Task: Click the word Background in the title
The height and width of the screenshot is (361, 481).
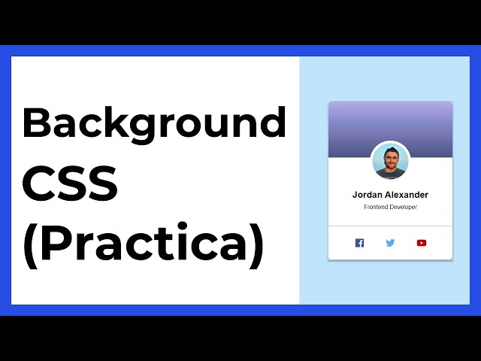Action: point(154,123)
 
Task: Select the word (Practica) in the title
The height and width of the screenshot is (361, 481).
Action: point(144,244)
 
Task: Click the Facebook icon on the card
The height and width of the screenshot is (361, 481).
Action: point(359,243)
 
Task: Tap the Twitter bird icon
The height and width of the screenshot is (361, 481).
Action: point(390,243)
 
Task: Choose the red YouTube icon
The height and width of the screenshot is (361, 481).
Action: point(421,243)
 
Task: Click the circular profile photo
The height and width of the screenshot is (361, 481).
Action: point(390,161)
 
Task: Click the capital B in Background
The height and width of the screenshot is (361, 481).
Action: point(37,123)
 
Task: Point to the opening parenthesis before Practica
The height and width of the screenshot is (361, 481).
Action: point(29,245)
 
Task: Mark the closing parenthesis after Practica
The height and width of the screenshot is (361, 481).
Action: point(257,245)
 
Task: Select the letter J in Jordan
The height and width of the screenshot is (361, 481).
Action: point(355,195)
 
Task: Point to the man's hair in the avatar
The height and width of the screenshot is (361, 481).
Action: point(390,150)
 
